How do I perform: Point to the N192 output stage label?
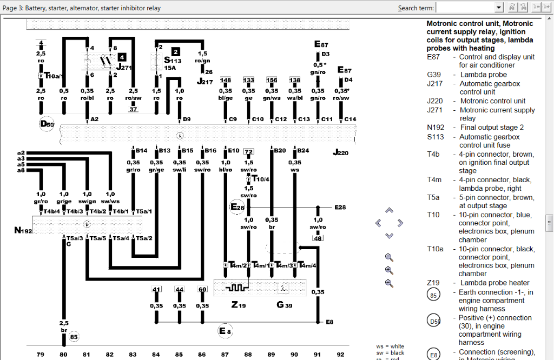coord(23,231)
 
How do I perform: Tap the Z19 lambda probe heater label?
coord(239,305)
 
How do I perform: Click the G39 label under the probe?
coord(284,305)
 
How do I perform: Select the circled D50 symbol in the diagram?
coord(47,124)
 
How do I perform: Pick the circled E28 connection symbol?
coord(238,207)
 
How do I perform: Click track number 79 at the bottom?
coord(40,355)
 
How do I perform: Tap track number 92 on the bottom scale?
coord(340,355)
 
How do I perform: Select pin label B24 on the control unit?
coord(303,150)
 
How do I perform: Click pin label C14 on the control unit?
coord(350,119)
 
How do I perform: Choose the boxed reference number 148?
coord(226,80)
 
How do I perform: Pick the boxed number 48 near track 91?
coord(318,238)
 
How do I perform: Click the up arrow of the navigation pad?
coord(389,211)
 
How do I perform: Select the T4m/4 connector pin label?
coord(307,265)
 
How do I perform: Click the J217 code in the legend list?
coord(434,84)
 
